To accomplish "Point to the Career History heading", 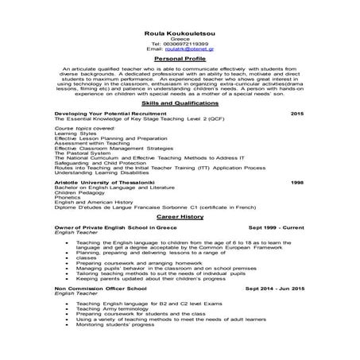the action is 180,215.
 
